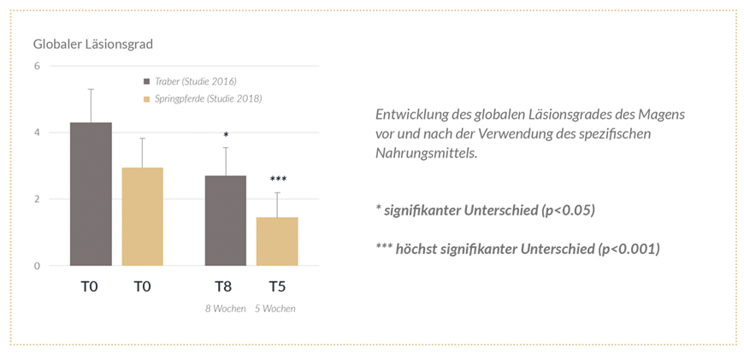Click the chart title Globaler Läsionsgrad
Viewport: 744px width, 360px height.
[92, 44]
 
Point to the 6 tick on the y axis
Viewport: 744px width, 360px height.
[37, 66]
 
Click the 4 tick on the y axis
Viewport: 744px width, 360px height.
[37, 133]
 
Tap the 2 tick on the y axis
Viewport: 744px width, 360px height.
[37, 199]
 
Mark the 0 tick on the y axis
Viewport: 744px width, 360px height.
[37, 266]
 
